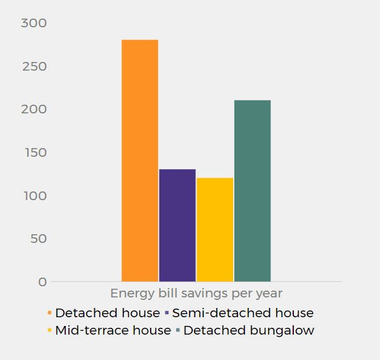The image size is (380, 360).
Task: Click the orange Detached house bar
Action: click(x=139, y=160)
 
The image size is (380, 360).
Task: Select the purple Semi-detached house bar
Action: click(x=177, y=225)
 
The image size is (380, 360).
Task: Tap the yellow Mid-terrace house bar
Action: click(x=214, y=229)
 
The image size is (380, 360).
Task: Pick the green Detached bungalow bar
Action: click(x=252, y=190)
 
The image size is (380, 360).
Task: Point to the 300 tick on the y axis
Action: click(x=34, y=23)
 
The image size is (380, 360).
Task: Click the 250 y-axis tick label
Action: click(x=34, y=66)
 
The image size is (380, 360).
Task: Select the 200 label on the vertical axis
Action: click(x=34, y=109)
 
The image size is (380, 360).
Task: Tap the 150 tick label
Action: click(x=34, y=152)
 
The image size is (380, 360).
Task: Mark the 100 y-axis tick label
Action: click(x=34, y=196)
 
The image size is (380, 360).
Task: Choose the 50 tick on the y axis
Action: click(x=38, y=239)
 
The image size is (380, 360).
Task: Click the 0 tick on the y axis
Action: click(x=43, y=282)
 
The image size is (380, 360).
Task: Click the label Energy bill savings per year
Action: click(x=196, y=293)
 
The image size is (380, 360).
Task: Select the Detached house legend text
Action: click(x=107, y=313)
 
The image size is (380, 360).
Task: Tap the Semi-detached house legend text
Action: click(x=243, y=313)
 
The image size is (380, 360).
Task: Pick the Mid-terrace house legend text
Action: click(x=113, y=330)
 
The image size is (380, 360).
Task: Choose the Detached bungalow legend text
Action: click(x=249, y=330)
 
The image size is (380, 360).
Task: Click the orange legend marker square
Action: click(x=50, y=313)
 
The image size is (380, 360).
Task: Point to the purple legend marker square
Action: click(x=167, y=313)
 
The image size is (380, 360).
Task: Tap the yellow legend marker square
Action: click(x=50, y=330)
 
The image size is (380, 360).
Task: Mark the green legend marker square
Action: click(x=178, y=330)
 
